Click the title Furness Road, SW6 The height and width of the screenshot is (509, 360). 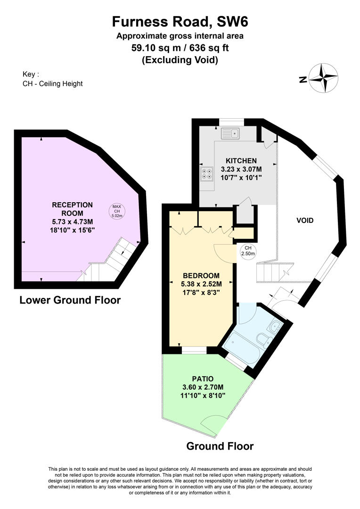[180, 21]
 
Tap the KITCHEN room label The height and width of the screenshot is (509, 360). [241, 161]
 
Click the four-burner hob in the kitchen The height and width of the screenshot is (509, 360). [206, 174]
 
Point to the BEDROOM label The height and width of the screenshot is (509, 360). [202, 275]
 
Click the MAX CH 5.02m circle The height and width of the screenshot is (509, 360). [116, 211]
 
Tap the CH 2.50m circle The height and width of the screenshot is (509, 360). [248, 251]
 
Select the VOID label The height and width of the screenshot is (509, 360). [305, 220]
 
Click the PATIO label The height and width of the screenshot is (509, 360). [203, 378]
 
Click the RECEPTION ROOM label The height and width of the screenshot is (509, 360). [72, 209]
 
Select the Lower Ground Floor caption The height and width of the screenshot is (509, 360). [70, 300]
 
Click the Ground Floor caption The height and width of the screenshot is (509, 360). [220, 446]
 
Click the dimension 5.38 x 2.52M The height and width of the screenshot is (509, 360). [202, 284]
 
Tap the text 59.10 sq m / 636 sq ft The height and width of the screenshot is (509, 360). [180, 48]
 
